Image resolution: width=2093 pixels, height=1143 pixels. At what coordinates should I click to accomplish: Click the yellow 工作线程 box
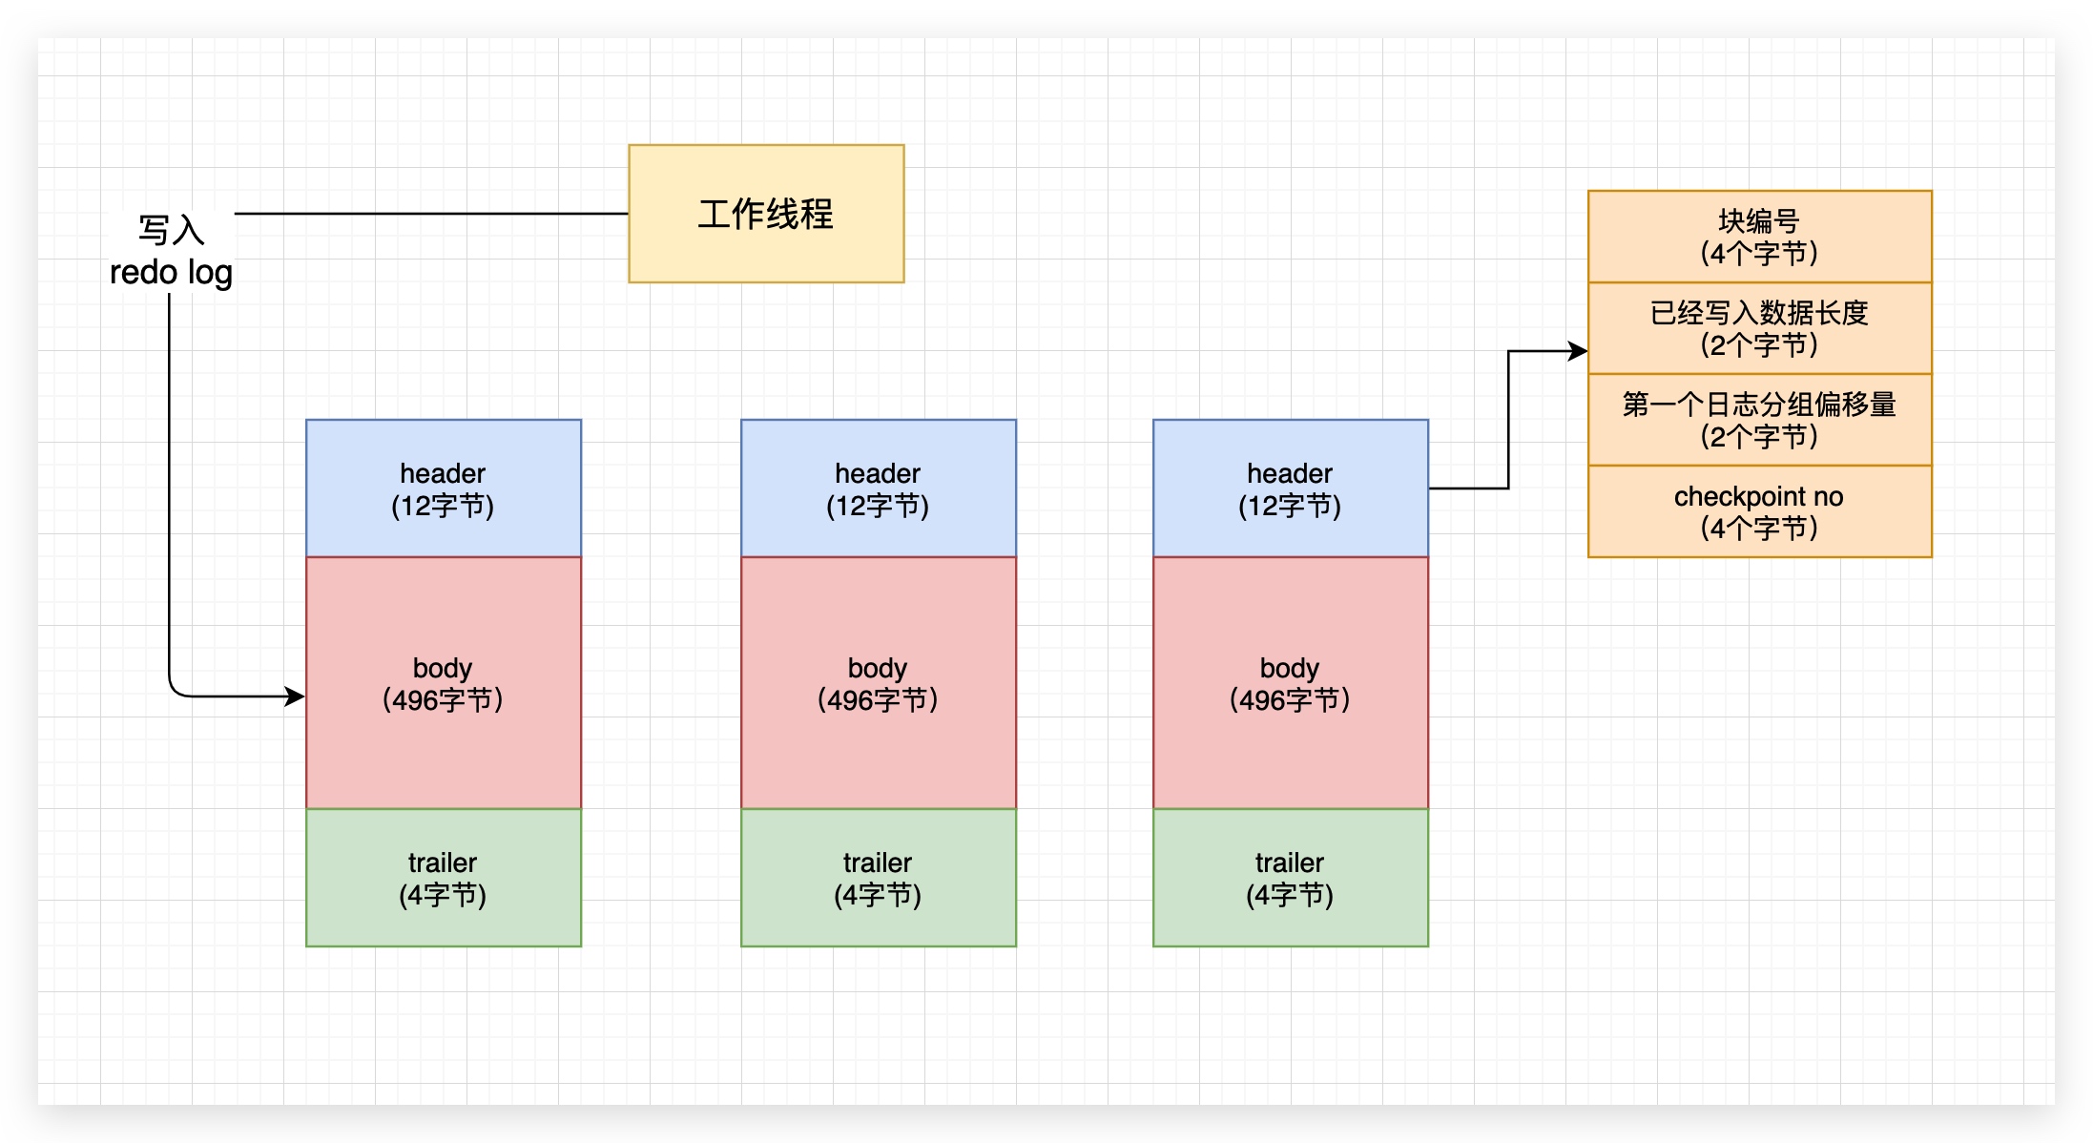(766, 214)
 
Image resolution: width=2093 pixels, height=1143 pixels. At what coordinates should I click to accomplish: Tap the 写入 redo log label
(171, 251)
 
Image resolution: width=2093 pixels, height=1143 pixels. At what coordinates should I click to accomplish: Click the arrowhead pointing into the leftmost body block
(296, 696)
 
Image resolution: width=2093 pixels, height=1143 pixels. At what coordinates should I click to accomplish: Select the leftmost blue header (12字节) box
(444, 488)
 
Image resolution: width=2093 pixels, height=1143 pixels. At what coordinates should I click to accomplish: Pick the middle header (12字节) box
(878, 488)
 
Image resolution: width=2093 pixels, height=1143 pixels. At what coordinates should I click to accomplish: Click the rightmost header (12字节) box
(1290, 488)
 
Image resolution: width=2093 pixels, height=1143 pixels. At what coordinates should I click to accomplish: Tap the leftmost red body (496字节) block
(444, 683)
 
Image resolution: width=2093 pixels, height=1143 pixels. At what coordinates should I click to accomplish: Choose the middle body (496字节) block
(878, 683)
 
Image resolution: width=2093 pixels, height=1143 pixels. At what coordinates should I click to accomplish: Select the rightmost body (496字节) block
(1290, 683)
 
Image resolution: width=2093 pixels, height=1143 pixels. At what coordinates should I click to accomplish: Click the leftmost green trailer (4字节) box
(444, 878)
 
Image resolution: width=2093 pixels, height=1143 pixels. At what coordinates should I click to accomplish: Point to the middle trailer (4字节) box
(878, 878)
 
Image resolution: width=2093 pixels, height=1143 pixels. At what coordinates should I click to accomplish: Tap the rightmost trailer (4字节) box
(1290, 878)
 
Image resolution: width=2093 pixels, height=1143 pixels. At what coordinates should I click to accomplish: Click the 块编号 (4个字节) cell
(1759, 237)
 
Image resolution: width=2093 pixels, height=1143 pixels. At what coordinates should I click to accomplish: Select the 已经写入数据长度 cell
(1759, 328)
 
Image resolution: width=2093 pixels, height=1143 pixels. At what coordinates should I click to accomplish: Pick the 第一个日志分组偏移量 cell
(1759, 420)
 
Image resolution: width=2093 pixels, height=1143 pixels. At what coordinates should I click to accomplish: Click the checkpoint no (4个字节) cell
(1759, 511)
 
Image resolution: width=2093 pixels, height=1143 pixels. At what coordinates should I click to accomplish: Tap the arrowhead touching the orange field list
(1578, 351)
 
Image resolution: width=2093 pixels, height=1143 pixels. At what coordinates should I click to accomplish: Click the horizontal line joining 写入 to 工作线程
(429, 214)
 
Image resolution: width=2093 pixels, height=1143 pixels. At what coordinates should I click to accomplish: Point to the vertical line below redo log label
(169, 477)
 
